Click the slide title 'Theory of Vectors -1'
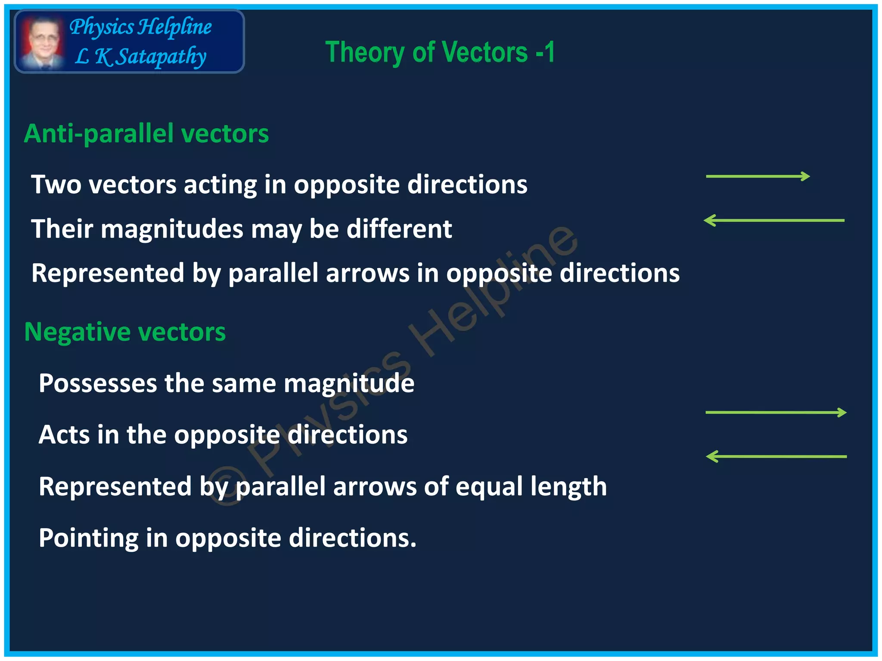tap(440, 53)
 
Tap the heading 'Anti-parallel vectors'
tap(146, 133)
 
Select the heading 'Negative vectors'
tap(125, 332)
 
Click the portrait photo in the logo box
tap(42, 42)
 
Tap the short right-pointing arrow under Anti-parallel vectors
tap(758, 176)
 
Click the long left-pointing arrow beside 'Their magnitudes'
tap(774, 220)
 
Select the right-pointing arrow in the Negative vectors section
tap(776, 413)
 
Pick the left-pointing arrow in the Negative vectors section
tap(776, 457)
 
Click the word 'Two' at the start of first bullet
tap(56, 185)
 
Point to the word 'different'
tap(399, 229)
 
